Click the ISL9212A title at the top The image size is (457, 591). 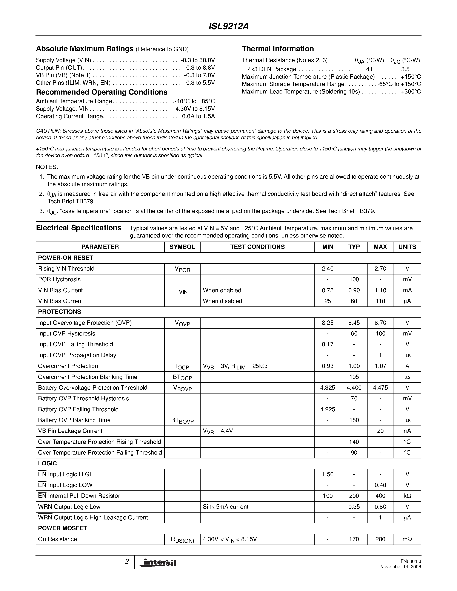pos(228,26)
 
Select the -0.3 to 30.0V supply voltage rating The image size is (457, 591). pos(198,60)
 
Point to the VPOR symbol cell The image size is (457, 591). pos(182,269)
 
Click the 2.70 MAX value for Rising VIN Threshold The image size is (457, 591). pos(380,269)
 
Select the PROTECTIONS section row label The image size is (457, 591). pos(60,312)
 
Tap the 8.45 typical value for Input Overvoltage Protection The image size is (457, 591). pos(354,323)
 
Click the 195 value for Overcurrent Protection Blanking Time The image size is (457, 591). pos(354,377)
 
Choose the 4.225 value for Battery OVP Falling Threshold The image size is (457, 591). pos(328,409)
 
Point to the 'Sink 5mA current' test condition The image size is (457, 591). pos(226,507)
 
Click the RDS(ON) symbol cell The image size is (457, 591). pos(182,540)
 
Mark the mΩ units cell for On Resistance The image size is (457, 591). pos(407,539)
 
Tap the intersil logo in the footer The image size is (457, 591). pos(158,563)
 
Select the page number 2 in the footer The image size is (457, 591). pos(127,562)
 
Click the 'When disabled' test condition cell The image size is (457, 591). pos(222,301)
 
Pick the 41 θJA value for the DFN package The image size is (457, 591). pos(369,69)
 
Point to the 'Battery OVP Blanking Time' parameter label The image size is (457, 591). pos(74,420)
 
